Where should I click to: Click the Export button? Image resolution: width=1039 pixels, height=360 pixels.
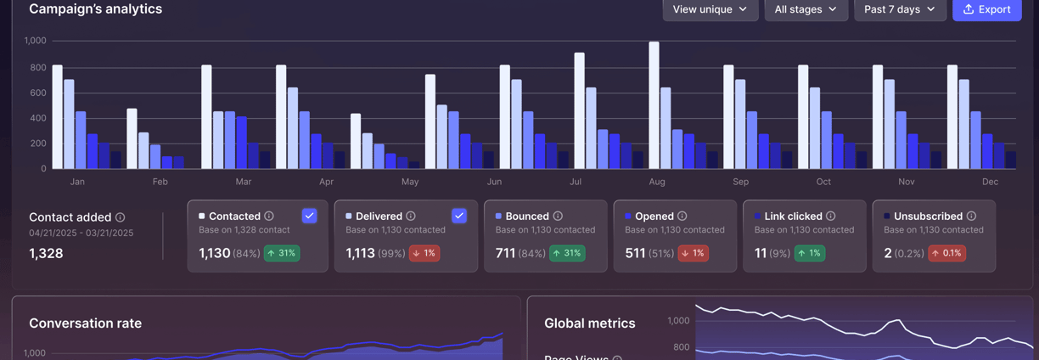coord(986,9)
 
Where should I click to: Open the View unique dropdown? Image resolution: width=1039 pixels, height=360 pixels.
coord(710,9)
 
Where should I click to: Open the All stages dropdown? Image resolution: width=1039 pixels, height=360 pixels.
coord(806,9)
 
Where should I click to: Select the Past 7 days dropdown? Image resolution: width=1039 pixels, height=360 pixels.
coord(899,9)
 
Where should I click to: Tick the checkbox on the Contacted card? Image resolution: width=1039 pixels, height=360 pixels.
coord(309,216)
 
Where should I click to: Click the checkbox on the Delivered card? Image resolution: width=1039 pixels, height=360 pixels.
coord(459,216)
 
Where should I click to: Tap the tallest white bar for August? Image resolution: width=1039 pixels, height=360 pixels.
coord(654,104)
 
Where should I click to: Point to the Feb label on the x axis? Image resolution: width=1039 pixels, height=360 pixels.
coord(160,182)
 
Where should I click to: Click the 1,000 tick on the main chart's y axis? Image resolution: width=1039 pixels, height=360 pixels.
coord(36,41)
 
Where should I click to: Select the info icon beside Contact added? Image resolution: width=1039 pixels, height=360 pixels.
coord(120,217)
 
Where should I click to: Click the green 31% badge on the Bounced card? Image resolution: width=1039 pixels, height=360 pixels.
coord(566,253)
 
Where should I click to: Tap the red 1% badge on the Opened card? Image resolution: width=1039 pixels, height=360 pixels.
coord(693,253)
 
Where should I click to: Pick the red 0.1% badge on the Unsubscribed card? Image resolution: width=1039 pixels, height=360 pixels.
coord(946,253)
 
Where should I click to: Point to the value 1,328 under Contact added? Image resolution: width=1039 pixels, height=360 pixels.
coord(46,253)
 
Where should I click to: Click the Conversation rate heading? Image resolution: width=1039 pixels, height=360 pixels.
coord(85,323)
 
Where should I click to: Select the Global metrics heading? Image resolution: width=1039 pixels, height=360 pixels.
coord(589,323)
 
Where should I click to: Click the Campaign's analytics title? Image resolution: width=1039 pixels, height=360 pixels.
coord(95,9)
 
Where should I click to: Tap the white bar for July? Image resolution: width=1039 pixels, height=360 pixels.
coord(579,110)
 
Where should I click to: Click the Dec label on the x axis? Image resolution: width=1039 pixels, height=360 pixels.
coord(990,182)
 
